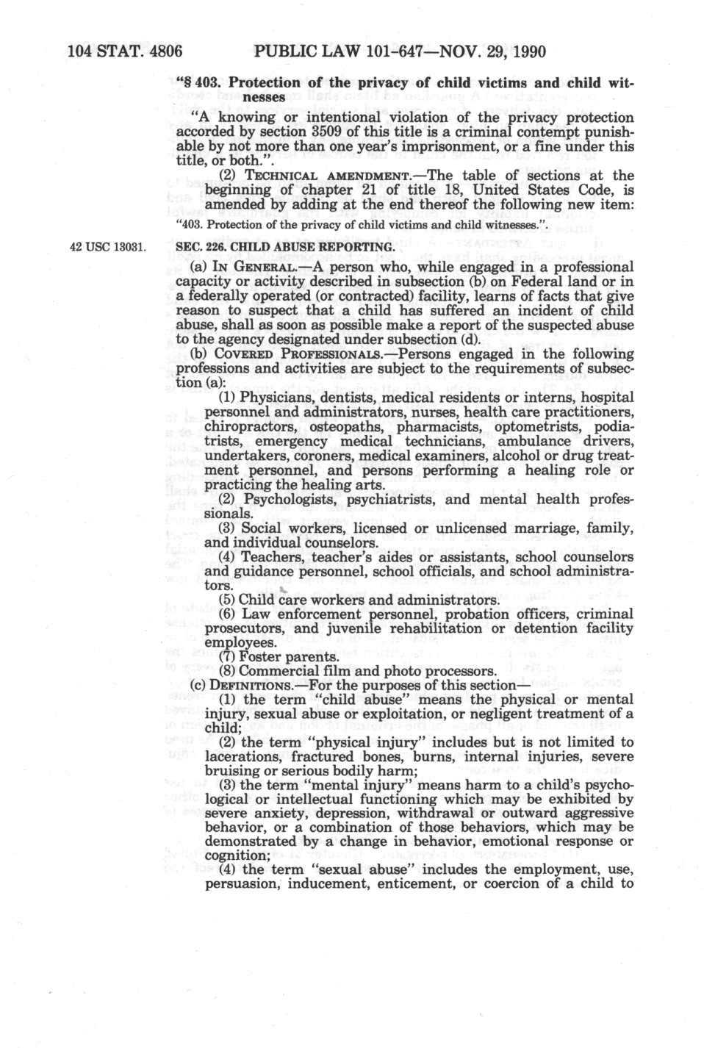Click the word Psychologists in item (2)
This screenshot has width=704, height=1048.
pyautogui.click(x=287, y=499)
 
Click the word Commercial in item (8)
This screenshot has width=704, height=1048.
pyautogui.click(x=279, y=671)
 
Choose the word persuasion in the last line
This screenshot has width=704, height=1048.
pyautogui.click(x=241, y=884)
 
